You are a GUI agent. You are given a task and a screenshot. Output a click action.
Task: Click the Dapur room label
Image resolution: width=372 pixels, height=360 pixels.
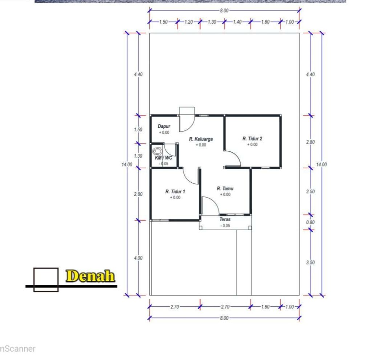coord(164,126)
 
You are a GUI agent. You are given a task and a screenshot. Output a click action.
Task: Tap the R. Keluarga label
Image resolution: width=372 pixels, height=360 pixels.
coord(201,139)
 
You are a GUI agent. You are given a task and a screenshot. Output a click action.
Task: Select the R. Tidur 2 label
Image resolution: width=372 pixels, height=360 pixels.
coord(252,139)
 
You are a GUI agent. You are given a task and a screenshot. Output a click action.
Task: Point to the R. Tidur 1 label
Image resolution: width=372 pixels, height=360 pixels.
coord(175,191)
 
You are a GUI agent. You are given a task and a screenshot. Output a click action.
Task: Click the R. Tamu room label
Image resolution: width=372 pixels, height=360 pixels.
coord(225,189)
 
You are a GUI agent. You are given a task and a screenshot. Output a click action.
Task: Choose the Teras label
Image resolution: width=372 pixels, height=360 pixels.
coord(225,219)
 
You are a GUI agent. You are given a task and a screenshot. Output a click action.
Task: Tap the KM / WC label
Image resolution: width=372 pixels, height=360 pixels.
coord(163,158)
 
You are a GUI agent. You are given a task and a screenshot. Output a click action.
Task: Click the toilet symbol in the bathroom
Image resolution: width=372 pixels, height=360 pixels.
coord(157,151)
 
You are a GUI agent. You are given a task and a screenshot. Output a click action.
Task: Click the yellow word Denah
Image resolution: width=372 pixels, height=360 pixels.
coord(90,276)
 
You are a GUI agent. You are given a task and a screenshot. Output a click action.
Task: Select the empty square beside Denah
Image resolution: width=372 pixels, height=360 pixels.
coord(46,268)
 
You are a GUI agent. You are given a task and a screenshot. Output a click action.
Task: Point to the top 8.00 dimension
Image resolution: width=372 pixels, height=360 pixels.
coord(224,11)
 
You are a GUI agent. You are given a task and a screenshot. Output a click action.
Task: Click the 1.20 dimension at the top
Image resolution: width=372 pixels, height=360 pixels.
coord(189,22)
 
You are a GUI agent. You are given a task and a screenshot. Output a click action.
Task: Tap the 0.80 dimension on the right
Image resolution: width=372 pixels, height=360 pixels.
coord(310,222)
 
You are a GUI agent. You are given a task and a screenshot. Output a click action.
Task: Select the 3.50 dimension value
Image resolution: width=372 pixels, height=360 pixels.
coord(310,263)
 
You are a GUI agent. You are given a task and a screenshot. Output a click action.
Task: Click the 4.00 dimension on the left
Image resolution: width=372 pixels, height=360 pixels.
coord(138,258)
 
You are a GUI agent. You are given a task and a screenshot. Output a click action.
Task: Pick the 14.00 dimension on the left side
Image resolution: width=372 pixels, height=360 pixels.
coord(127,165)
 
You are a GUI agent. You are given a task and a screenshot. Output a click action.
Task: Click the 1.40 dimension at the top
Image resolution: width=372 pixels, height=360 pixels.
coord(237,22)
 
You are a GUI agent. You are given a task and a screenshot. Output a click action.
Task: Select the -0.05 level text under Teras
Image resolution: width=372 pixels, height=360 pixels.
coord(225,226)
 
